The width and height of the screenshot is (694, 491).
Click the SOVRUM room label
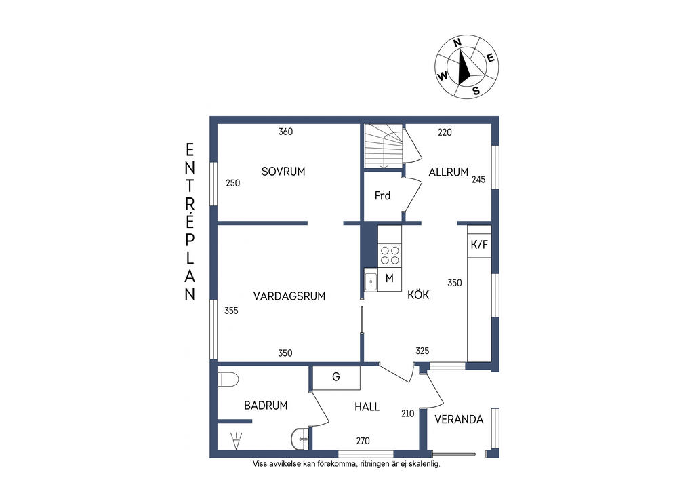(283, 172)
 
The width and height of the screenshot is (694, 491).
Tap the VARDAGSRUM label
(289, 296)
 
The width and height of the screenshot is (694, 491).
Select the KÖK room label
(418, 294)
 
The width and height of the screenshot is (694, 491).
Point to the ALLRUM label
(449, 172)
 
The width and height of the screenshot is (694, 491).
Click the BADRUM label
(266, 405)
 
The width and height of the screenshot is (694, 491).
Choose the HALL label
(367, 406)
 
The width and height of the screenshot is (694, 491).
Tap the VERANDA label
(459, 419)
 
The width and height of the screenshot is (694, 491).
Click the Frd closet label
(382, 195)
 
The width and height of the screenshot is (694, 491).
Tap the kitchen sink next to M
(371, 281)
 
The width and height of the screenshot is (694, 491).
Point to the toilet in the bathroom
(228, 380)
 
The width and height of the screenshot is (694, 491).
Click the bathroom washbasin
(300, 439)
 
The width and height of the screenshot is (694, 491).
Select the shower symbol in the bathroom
(237, 441)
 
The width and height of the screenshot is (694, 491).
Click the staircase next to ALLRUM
(384, 146)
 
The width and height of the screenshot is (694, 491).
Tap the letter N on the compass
(457, 43)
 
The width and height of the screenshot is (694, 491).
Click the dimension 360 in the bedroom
(285, 132)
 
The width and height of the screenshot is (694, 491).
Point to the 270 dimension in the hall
(363, 441)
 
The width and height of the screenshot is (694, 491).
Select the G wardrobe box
(336, 378)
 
